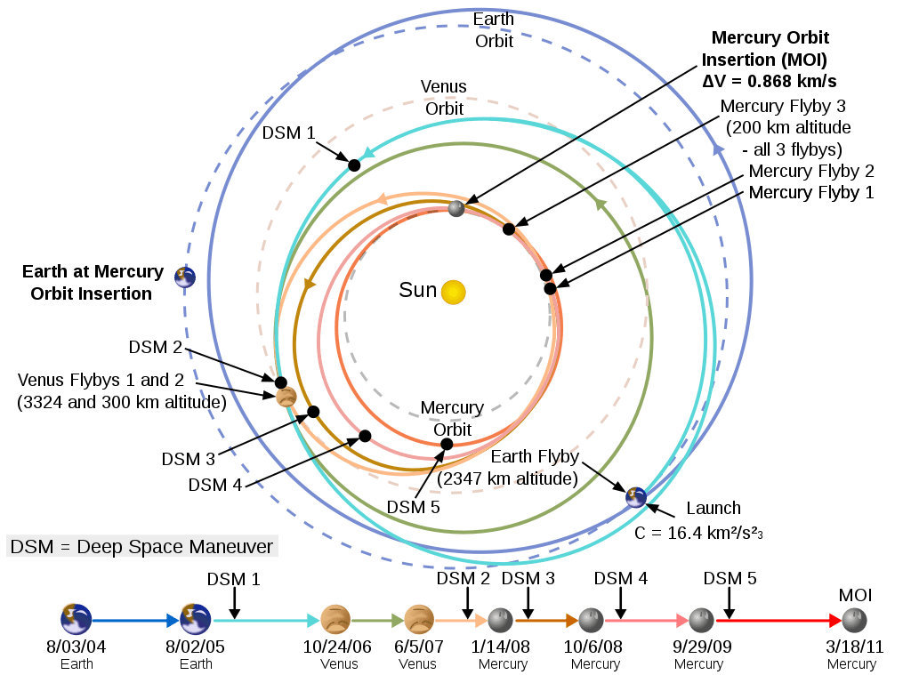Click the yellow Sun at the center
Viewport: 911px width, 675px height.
tap(453, 293)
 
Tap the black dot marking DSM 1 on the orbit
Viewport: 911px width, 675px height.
tap(354, 165)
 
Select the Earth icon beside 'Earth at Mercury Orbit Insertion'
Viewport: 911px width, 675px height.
tap(185, 277)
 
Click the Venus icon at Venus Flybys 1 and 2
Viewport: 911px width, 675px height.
tap(286, 398)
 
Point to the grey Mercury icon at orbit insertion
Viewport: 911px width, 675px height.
tap(456, 208)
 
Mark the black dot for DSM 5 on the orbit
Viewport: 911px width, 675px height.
tap(447, 445)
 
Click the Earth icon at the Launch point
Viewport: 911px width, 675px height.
tap(636, 497)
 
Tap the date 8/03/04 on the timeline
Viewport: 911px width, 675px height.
tap(77, 647)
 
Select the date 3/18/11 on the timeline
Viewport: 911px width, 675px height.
tap(854, 647)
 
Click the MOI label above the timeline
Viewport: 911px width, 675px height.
tap(855, 595)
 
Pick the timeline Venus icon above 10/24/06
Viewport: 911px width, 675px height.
tap(335, 620)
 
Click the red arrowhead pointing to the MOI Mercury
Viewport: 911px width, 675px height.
tap(835, 621)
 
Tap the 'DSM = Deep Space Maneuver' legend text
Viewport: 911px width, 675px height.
tap(141, 547)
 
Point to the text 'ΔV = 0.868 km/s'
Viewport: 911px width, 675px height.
tap(770, 81)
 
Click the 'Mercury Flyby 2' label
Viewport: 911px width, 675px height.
tap(811, 171)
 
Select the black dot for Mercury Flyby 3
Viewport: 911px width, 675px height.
tap(509, 229)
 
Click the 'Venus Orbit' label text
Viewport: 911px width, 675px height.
tap(444, 98)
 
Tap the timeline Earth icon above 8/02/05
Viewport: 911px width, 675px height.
tap(195, 620)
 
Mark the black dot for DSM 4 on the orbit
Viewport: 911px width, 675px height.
tap(365, 436)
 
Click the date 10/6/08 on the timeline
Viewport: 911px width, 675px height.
tap(593, 647)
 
